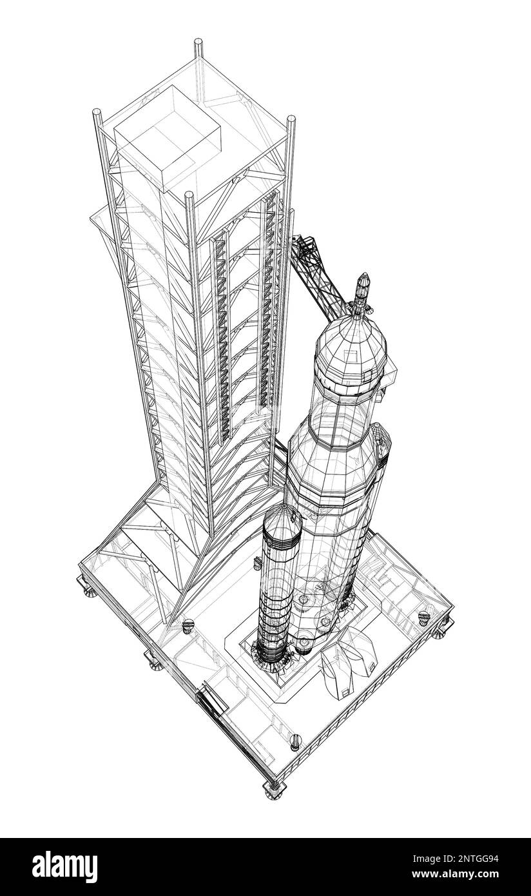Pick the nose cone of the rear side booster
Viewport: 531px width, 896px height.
(380, 442)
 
